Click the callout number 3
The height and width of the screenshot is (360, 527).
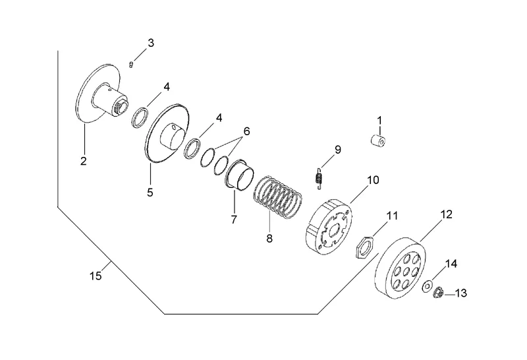point(151,43)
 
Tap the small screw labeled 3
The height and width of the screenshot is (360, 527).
point(131,64)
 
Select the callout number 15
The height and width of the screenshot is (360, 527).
point(96,276)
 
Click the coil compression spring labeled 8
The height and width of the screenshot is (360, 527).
point(277,197)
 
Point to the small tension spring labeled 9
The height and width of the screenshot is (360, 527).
point(319,178)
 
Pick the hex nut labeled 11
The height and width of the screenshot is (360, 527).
point(365,247)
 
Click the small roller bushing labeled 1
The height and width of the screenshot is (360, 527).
point(378,140)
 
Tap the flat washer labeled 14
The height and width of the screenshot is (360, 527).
point(427,286)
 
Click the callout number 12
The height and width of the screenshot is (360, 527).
point(447,214)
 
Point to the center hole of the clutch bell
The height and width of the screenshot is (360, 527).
point(406,271)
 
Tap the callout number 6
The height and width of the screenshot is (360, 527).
point(246,131)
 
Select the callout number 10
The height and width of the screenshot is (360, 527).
point(373,180)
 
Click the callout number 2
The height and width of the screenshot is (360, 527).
point(84,161)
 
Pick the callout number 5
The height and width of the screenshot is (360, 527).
point(150,193)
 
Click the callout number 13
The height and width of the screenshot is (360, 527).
point(460,293)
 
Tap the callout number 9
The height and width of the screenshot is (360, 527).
point(337,150)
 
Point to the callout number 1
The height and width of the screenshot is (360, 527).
point(379,121)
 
